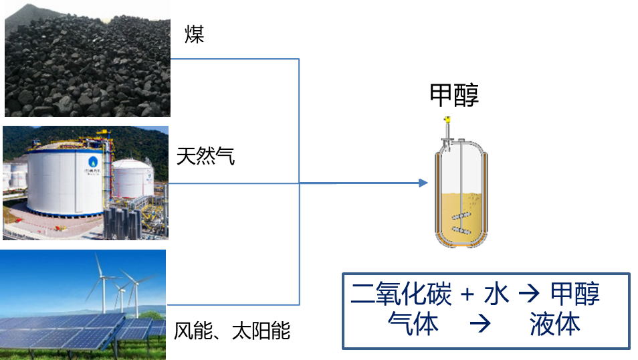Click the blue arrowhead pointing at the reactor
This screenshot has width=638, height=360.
423,183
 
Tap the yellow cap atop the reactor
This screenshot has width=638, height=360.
447,120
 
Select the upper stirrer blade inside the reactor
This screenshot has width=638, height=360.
459,217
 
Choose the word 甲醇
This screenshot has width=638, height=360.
574,294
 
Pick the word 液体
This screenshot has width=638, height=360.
554,325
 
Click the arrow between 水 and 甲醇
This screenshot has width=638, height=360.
529,295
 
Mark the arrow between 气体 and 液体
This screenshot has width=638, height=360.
480,326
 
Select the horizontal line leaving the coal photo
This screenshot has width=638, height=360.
234,59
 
